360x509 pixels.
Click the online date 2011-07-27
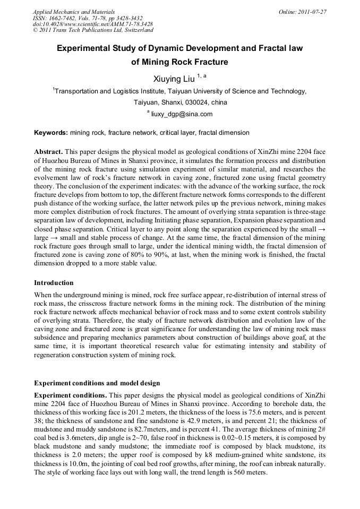pyautogui.click(x=310, y=11)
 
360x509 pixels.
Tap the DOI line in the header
pyautogui.click(x=93, y=24)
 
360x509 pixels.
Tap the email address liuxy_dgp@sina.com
pyautogui.click(x=182, y=114)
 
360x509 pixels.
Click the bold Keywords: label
pyautogui.click(x=51, y=132)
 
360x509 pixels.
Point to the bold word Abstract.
pyautogui.click(x=49, y=151)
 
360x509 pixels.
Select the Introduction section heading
pyautogui.click(x=54, y=282)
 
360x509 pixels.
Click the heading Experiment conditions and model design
pyautogui.click(x=97, y=383)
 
